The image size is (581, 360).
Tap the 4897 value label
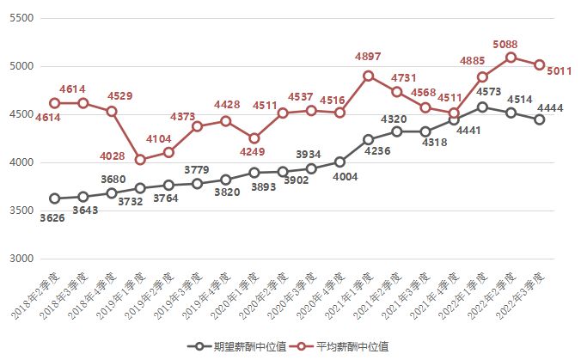[368, 57]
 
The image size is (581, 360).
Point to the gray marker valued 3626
[55, 198]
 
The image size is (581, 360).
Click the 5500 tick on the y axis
[21, 18]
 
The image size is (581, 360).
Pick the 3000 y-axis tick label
[21, 259]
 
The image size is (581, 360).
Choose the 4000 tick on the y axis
[21, 162]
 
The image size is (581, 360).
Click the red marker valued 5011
[539, 64]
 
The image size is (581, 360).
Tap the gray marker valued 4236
[368, 139]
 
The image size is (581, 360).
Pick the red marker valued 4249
[254, 138]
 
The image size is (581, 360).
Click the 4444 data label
[550, 107]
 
